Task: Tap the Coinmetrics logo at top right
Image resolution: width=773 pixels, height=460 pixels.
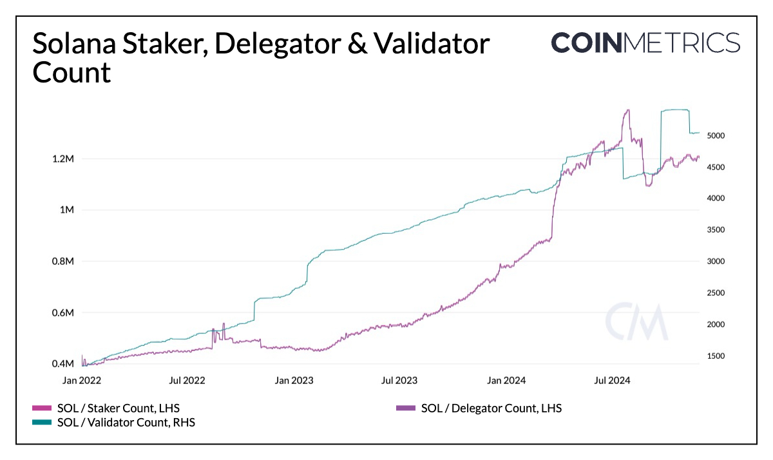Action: (x=645, y=43)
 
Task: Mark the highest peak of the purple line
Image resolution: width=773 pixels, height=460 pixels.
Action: (x=627, y=110)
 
